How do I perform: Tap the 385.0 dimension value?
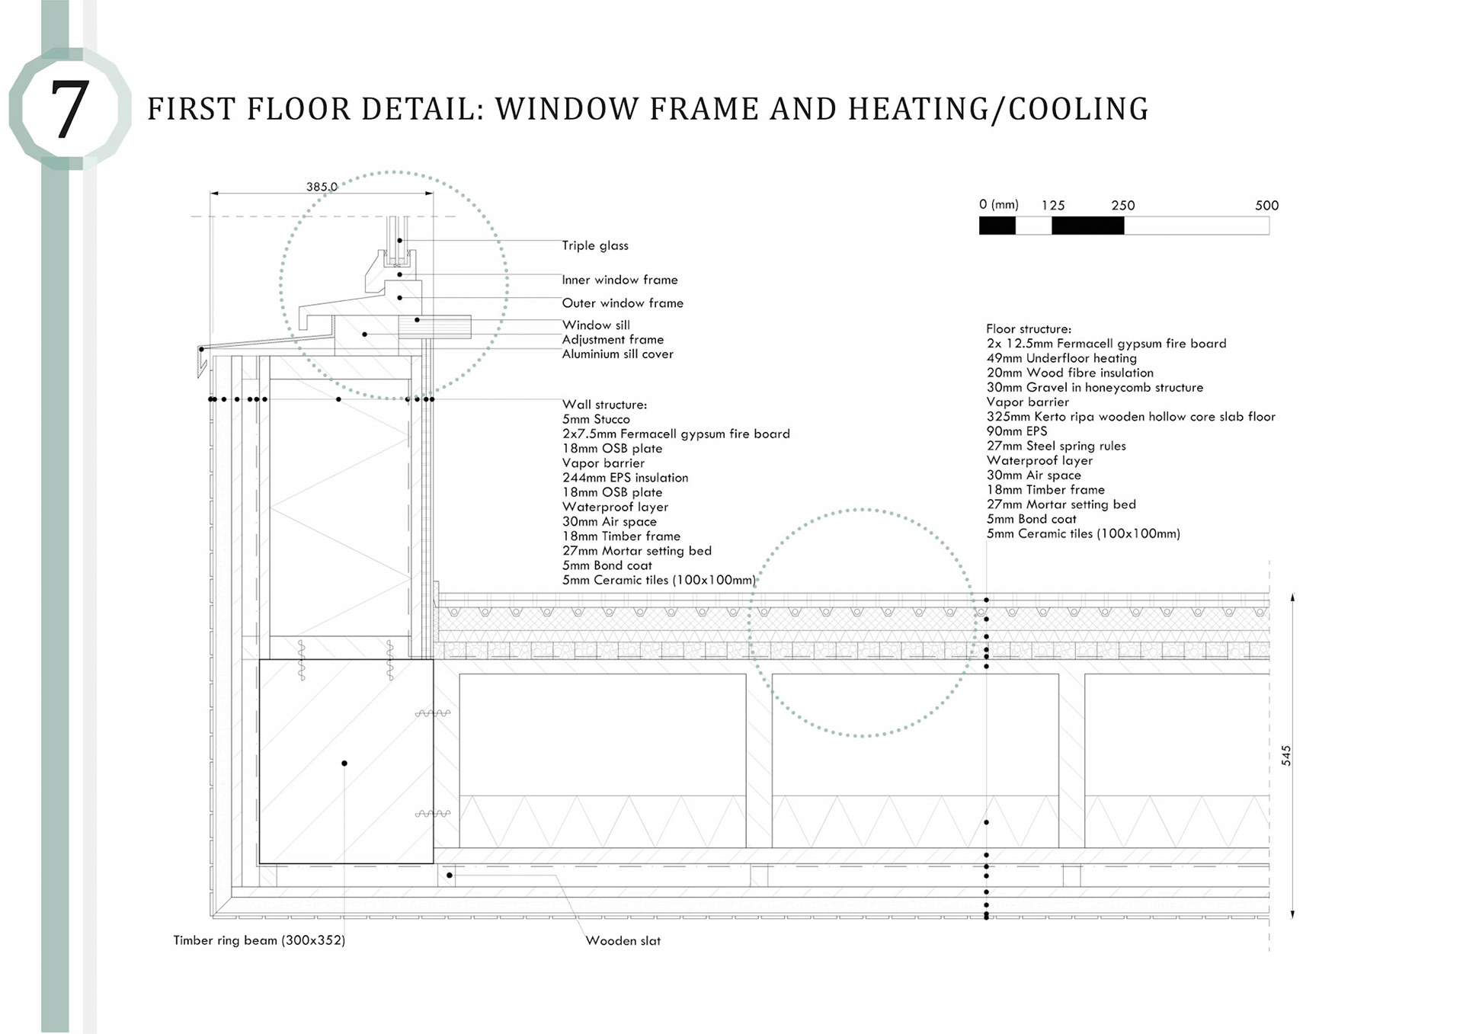[322, 187]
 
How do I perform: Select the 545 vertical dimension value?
[1286, 755]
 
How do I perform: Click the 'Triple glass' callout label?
[595, 245]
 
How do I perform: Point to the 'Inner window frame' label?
[619, 280]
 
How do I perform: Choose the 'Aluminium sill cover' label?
[617, 354]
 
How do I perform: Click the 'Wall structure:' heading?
[604, 405]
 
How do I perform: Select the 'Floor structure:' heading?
[1029, 329]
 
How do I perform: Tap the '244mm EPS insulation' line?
[625, 478]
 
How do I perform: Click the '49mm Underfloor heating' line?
[1061, 358]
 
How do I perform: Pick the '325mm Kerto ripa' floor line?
[1131, 417]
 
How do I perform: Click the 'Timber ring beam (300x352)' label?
[259, 940]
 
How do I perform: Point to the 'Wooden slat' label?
[623, 941]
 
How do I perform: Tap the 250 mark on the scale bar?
[1122, 206]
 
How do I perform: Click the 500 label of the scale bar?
[1266, 206]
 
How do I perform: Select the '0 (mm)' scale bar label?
[998, 205]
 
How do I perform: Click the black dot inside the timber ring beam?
[344, 763]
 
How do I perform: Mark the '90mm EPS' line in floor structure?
[1016, 431]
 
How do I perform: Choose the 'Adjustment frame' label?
[613, 340]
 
